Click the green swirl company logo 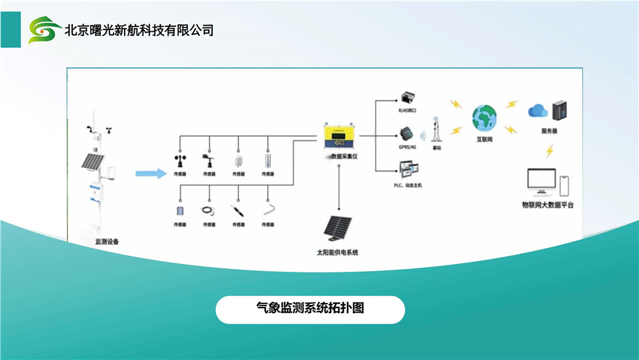click(x=45, y=29)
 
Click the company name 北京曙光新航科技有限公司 click(x=139, y=30)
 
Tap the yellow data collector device click(x=338, y=136)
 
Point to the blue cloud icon click(x=537, y=111)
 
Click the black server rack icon click(x=560, y=111)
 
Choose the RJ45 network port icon click(x=407, y=98)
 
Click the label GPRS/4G click(x=407, y=146)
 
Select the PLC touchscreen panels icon click(x=407, y=169)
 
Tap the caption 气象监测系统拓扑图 click(x=310, y=309)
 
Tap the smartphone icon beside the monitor click(x=564, y=186)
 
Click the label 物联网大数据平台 click(x=548, y=205)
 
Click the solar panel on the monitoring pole click(x=93, y=161)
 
